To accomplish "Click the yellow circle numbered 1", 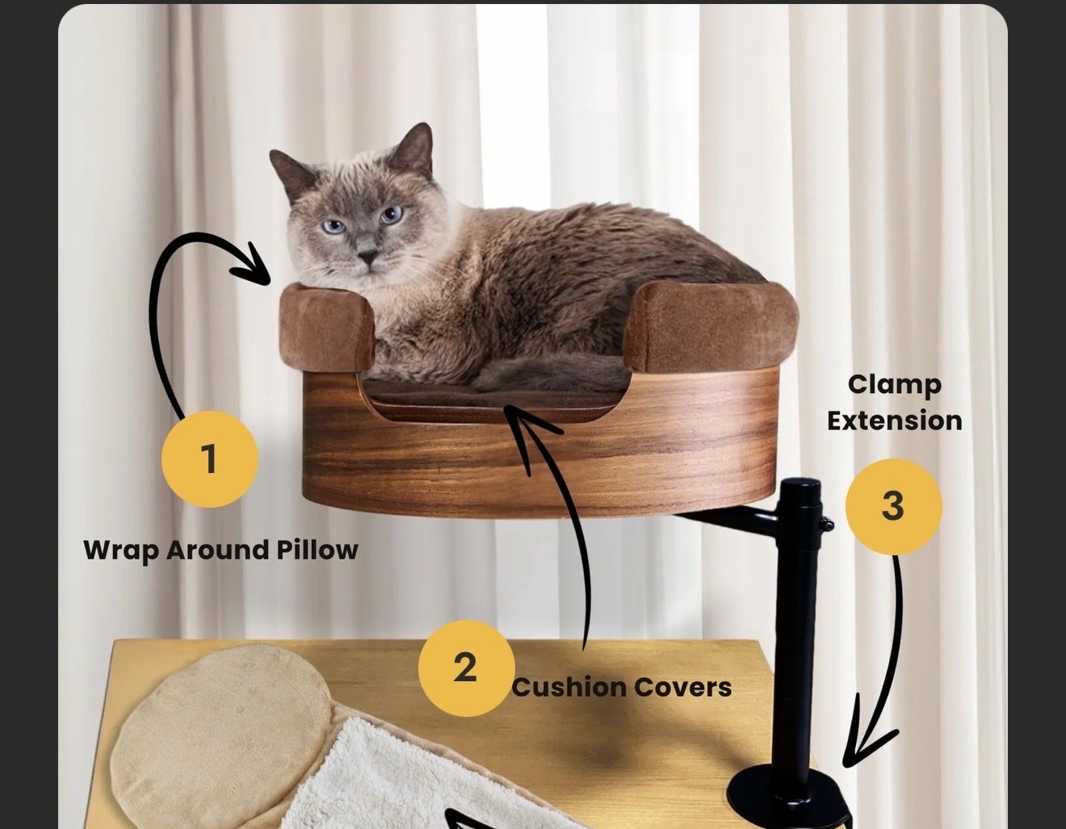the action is point(210,458).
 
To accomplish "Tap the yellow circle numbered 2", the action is point(466,668).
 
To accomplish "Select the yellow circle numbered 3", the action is point(893,506).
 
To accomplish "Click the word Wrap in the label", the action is point(120,551).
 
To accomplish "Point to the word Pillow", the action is point(317,549).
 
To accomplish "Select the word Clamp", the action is point(894,386).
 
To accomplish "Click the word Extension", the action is point(894,421).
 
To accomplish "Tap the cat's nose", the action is point(367,255).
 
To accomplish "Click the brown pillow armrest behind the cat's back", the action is point(711,326).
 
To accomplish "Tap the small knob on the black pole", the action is point(826,524).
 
